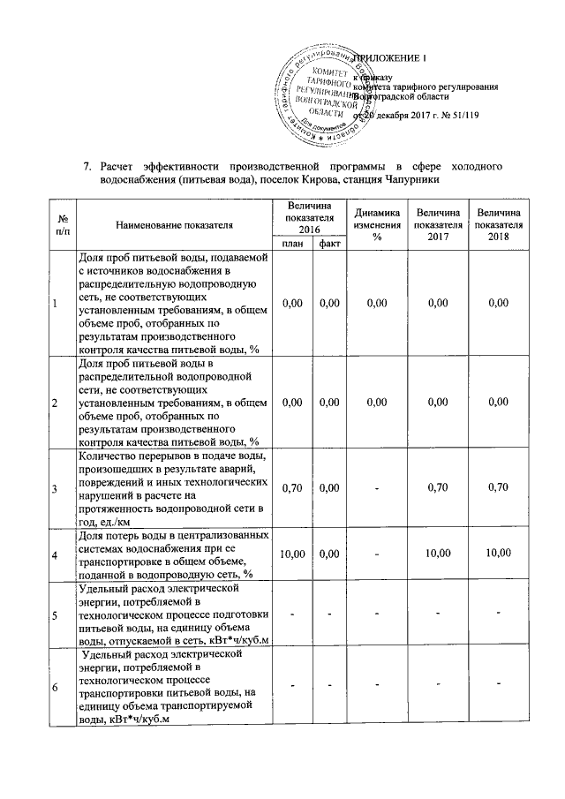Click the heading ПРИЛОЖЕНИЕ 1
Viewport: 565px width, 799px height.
(x=388, y=58)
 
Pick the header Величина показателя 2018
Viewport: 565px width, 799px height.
(x=499, y=224)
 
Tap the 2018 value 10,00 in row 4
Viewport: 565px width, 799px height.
(x=499, y=553)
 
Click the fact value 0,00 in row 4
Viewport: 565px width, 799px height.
(x=330, y=553)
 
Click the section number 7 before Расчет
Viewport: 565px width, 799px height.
(x=87, y=166)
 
